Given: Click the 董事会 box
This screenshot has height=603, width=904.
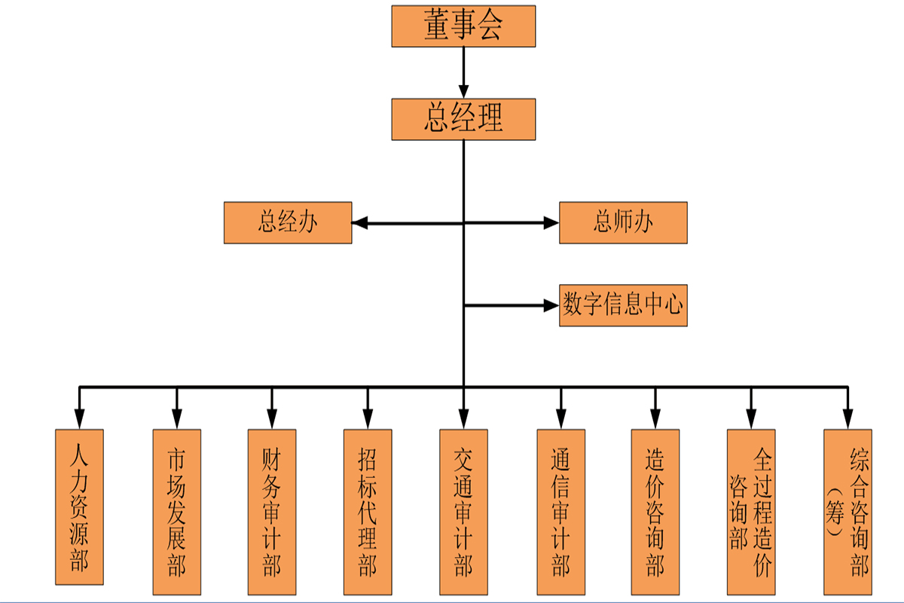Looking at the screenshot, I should tap(463, 26).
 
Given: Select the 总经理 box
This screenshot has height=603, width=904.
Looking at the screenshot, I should tap(463, 119).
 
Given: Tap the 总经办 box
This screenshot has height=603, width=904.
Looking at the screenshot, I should tap(288, 222).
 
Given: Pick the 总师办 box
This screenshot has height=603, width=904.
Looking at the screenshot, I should tap(623, 222).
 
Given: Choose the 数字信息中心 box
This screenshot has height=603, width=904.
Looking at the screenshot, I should tap(623, 305).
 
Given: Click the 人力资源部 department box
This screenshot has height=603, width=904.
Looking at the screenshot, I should tap(79, 509).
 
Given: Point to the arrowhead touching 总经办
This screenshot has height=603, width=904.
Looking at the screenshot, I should tap(360, 223).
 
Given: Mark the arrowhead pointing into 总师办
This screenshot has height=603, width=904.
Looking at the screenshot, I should tap(551, 223).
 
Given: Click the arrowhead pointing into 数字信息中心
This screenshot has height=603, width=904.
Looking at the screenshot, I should tap(551, 305).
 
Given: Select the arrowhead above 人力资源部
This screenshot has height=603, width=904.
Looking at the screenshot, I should tap(79, 419).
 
